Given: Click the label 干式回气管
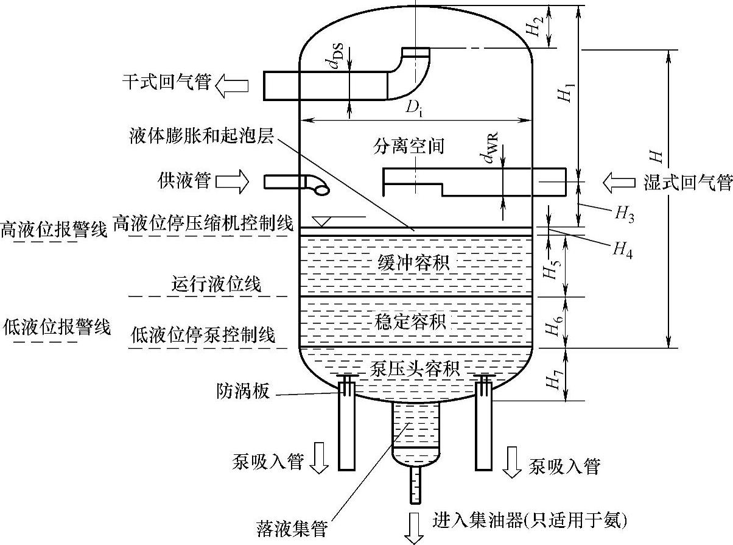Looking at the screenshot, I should click(166, 82).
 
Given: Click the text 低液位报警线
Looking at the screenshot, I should click(55, 328).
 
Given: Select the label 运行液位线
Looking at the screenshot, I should click(216, 284).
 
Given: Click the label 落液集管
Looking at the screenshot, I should click(291, 528).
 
